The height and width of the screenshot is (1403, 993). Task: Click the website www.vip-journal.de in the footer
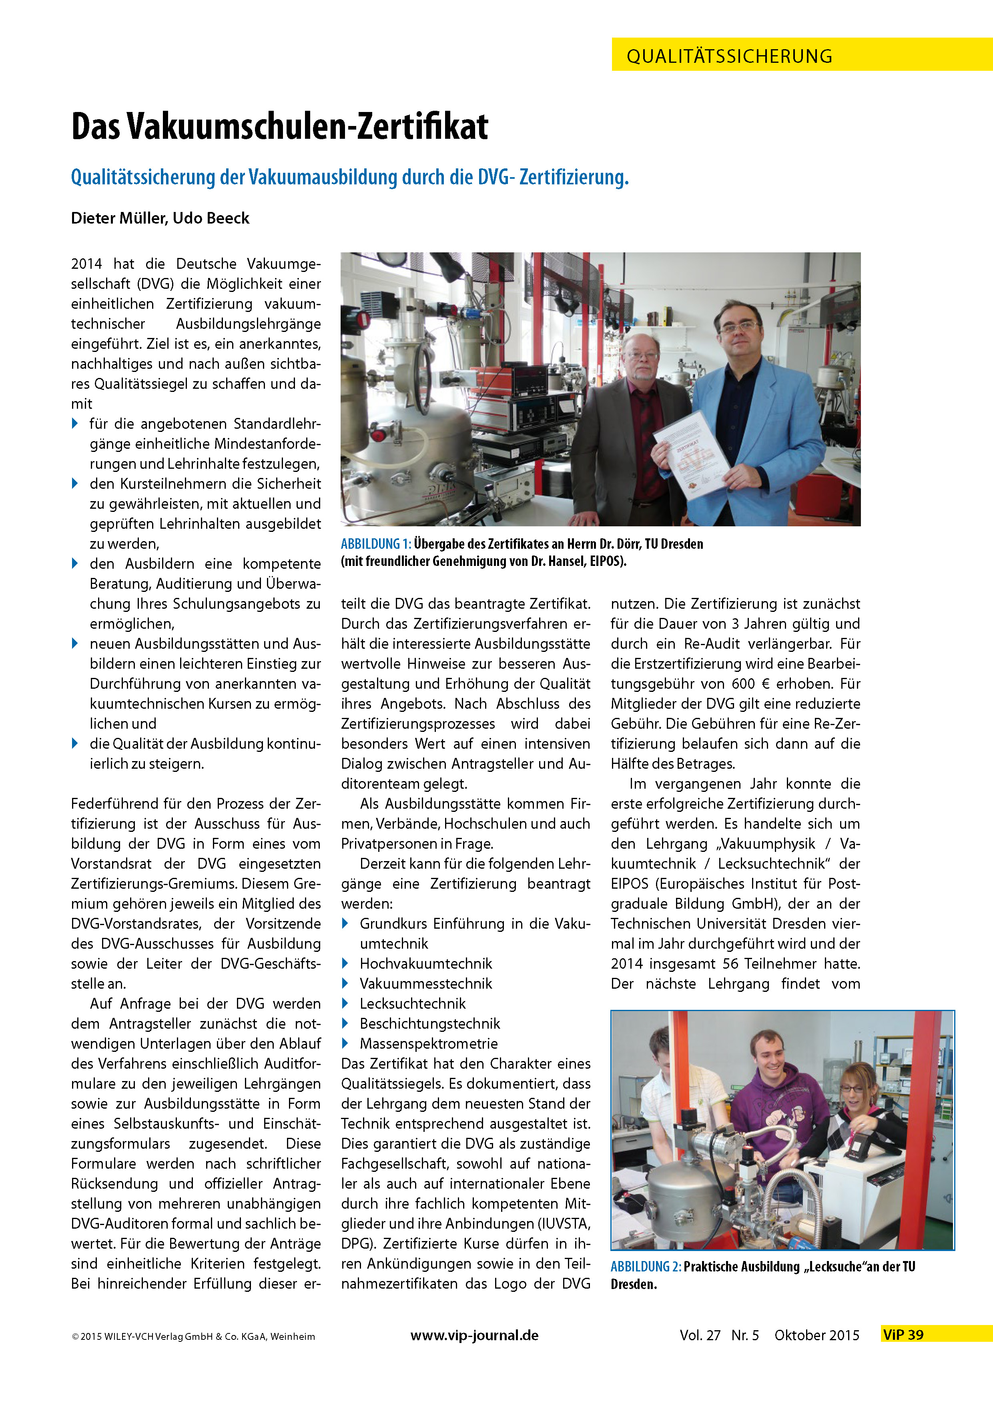[475, 1335]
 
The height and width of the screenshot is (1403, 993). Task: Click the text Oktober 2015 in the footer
[817, 1335]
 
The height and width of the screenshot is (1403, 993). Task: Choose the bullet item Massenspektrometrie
[429, 1044]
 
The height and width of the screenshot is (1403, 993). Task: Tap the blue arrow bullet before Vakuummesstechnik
[345, 984]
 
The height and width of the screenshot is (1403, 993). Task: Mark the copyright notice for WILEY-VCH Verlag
[193, 1336]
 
